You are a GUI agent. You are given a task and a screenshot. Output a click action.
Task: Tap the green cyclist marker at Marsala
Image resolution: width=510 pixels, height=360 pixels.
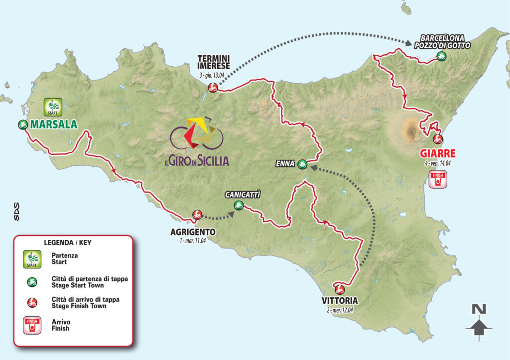pyautogui.click(x=22, y=124)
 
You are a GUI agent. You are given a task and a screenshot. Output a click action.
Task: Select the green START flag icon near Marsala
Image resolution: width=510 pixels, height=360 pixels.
pyautogui.click(x=52, y=107)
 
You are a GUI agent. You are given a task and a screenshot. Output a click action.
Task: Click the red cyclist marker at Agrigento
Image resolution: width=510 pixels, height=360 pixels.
pyautogui.click(x=197, y=215)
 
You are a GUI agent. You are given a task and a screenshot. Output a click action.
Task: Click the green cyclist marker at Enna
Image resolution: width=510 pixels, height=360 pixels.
pyautogui.click(x=302, y=163)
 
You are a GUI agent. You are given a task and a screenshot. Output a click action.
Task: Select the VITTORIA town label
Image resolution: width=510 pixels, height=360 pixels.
pyautogui.click(x=340, y=301)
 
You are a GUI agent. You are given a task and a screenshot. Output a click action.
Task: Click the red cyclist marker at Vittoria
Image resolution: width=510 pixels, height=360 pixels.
pyautogui.click(x=340, y=289)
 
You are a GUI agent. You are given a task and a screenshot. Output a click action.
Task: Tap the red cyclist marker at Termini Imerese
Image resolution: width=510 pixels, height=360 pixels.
pyautogui.click(x=213, y=88)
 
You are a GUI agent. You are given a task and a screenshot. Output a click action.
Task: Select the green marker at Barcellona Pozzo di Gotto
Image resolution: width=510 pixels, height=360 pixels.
pyautogui.click(x=441, y=56)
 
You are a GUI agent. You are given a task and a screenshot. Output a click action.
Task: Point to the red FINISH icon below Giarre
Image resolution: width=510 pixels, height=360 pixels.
pyautogui.click(x=438, y=179)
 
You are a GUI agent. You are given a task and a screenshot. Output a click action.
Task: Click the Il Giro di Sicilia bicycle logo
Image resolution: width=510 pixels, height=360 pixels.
pyautogui.click(x=196, y=134)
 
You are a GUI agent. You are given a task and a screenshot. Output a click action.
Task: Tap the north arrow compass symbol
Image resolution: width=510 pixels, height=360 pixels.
pyautogui.click(x=479, y=322)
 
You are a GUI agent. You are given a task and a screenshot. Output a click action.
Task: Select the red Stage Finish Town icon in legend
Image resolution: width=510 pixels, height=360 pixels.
pyautogui.click(x=32, y=302)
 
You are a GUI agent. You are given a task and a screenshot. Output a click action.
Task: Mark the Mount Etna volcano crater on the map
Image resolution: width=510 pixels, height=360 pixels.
pyautogui.click(x=411, y=131)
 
